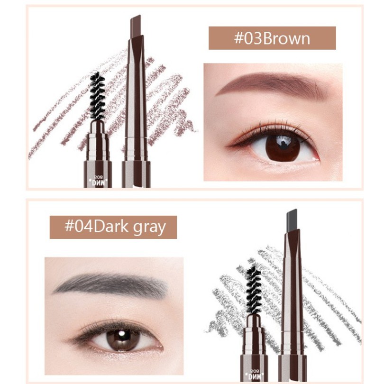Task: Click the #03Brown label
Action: click(x=272, y=38)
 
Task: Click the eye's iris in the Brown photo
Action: click(x=282, y=147)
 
